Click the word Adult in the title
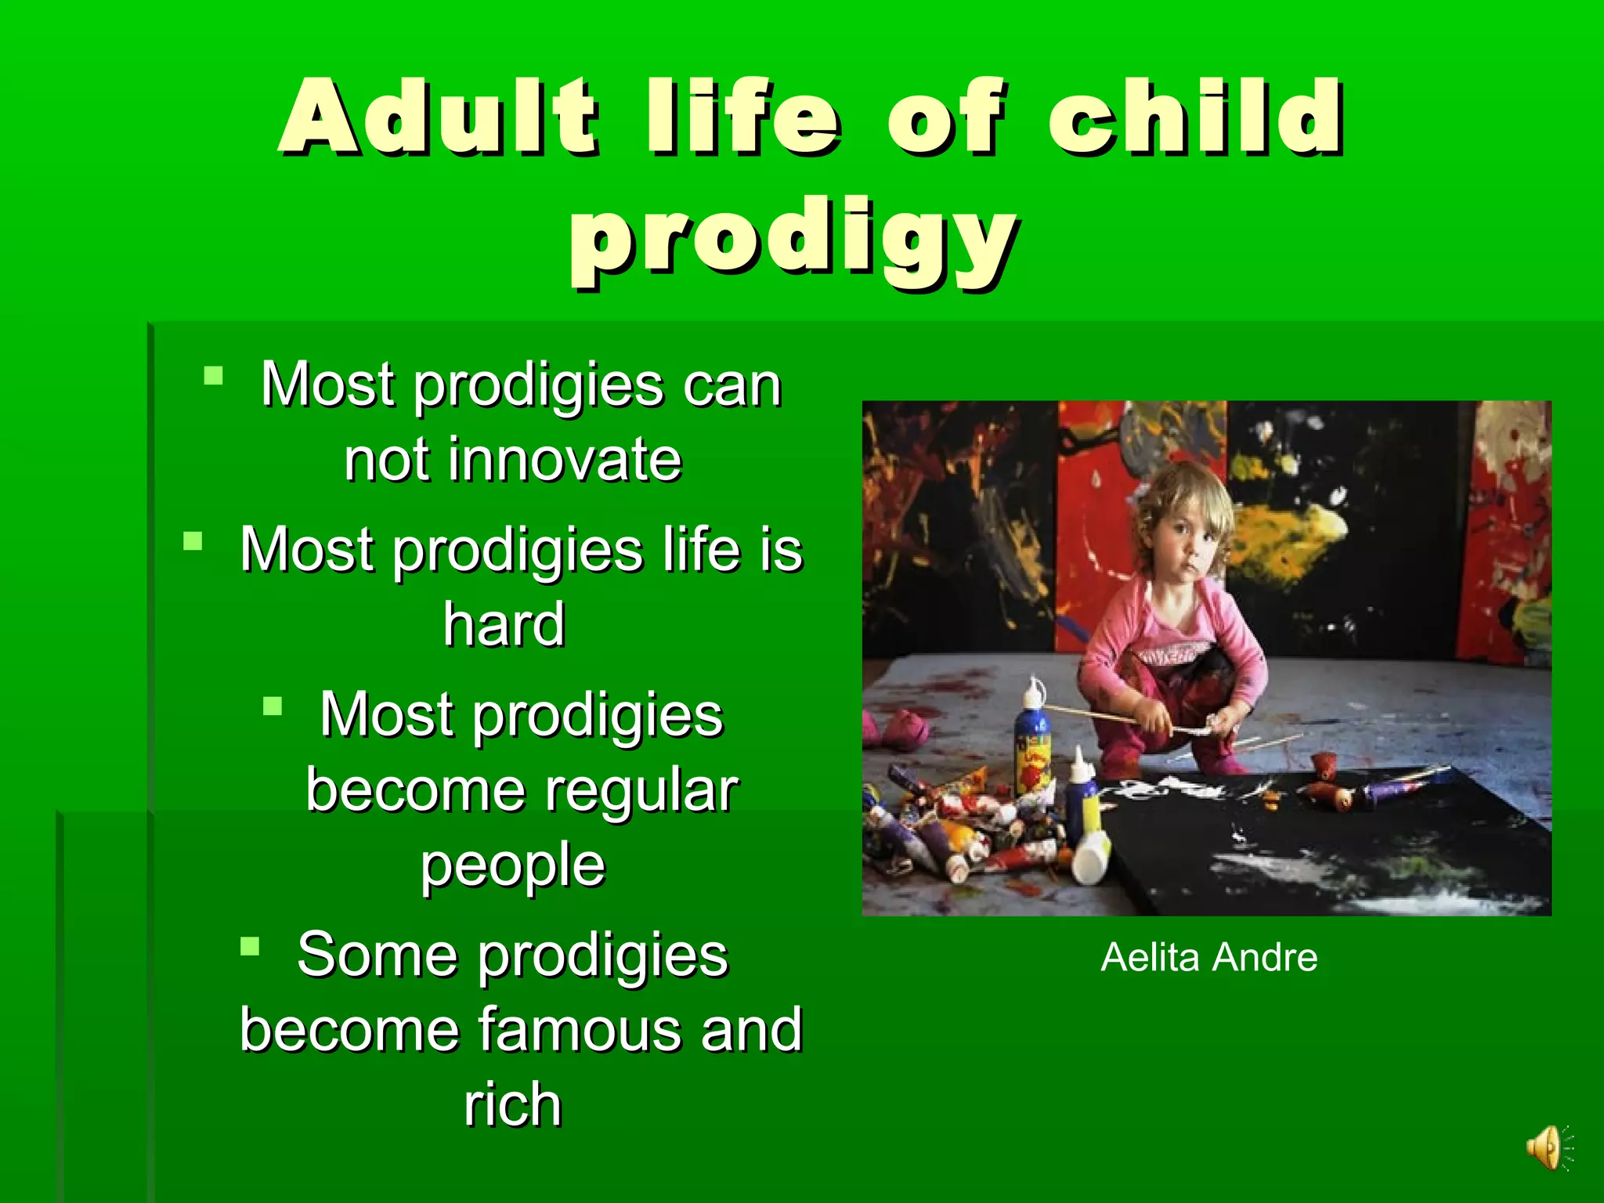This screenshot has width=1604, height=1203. point(439,117)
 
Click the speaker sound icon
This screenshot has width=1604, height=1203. point(1548,1149)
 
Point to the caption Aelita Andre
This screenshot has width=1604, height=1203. point(1208,957)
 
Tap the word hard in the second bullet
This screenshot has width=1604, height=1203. point(504,624)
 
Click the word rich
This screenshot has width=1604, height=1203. point(512,1104)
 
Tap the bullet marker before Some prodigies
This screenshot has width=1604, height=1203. point(250,947)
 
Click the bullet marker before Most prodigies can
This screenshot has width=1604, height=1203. point(213,377)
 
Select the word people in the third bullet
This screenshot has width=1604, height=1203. point(512,865)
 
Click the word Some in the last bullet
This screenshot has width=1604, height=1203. point(376,955)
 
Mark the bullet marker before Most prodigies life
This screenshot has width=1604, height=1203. point(193,541)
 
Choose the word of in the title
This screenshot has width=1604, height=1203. point(945,117)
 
